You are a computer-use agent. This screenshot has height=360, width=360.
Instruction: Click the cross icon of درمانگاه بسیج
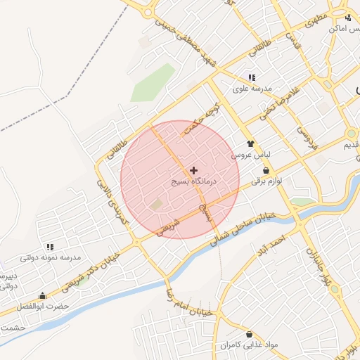click(x=193, y=170)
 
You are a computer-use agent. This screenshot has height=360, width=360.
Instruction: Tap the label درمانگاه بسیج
click(x=194, y=181)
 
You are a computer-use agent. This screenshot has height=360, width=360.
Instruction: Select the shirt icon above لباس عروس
click(x=250, y=143)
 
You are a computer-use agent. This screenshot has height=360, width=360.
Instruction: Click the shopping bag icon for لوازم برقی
click(x=265, y=170)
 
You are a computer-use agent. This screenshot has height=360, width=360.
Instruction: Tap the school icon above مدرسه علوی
click(x=251, y=77)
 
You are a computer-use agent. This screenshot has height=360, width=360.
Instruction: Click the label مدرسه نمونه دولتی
click(x=50, y=258)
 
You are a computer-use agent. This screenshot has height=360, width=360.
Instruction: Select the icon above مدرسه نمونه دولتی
click(x=50, y=247)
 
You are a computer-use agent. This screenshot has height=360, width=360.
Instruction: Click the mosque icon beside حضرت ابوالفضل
click(x=42, y=296)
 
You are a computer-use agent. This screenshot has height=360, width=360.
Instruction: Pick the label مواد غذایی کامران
click(x=248, y=345)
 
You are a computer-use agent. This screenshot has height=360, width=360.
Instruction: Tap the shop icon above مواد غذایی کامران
click(x=249, y=334)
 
